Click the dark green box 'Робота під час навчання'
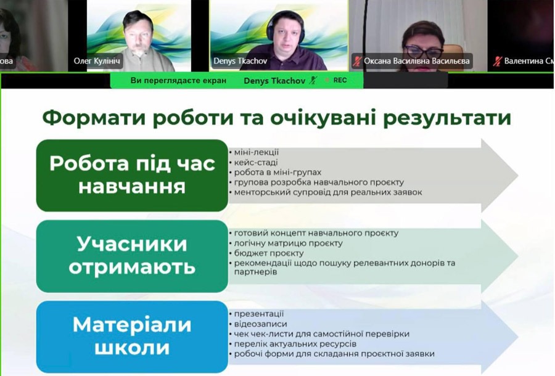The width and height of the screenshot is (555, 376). [132, 176]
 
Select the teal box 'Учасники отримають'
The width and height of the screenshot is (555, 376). [132, 256]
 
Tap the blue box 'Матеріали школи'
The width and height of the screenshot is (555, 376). [132, 337]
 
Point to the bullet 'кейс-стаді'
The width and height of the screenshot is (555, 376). [255, 163]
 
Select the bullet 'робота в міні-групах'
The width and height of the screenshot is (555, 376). [277, 172]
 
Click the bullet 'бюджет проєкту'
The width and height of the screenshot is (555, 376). [269, 253]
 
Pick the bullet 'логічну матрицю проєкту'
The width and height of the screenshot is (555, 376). [288, 243]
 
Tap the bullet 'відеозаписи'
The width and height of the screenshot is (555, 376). [260, 324]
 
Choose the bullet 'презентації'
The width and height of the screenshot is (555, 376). [259, 314]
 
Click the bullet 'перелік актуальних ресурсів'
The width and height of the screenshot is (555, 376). [295, 344]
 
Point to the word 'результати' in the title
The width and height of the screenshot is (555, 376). [448, 118]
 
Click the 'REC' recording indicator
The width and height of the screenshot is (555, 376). [340, 80]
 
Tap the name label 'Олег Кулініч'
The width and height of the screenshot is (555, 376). [97, 61]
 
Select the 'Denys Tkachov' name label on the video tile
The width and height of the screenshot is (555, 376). [240, 61]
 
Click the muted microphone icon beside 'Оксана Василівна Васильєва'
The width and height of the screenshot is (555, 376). [357, 61]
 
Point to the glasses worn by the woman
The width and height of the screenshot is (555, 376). [423, 51]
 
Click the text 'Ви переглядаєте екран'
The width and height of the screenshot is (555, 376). [178, 81]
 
